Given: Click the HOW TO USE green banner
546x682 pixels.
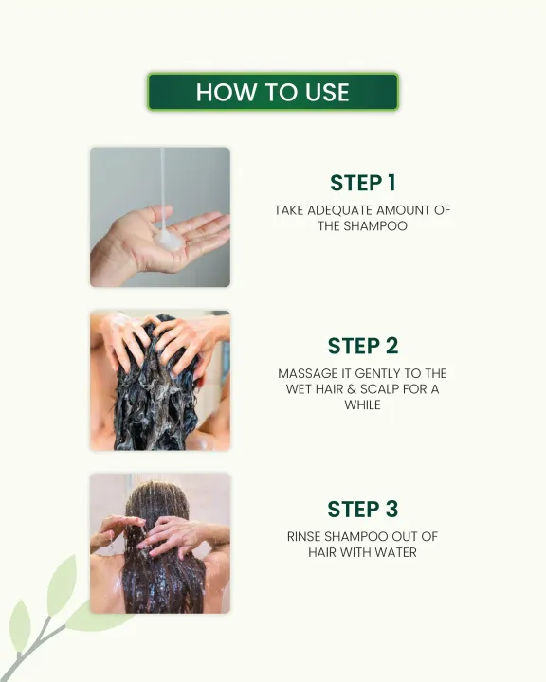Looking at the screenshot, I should pos(273,92).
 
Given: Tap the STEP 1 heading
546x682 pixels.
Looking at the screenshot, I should pos(362,183).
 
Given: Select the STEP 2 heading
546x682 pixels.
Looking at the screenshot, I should pos(362,346).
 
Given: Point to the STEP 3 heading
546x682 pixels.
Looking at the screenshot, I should pos(362,509).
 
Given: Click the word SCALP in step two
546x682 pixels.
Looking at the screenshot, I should pos(379,389).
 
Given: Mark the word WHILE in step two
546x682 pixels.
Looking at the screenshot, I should pos(362,405).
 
